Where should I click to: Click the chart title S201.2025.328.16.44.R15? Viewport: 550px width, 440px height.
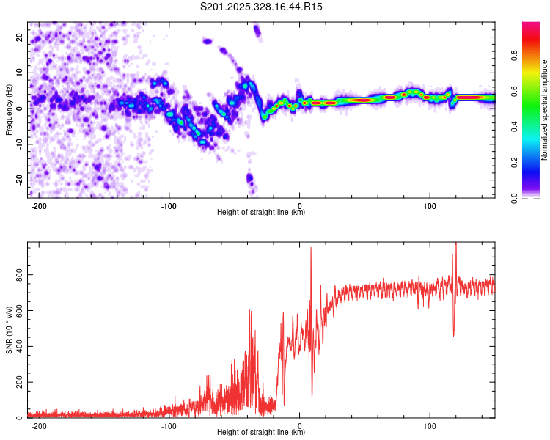(x=262, y=7)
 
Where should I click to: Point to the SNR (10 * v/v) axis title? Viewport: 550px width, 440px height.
(x=10, y=330)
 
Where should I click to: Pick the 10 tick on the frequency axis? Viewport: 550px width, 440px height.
(x=20, y=72)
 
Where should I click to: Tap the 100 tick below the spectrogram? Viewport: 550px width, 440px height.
(x=430, y=205)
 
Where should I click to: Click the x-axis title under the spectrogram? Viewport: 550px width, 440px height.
(x=261, y=213)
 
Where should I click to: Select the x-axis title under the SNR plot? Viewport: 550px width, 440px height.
(x=261, y=433)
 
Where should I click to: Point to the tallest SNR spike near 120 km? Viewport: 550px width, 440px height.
(x=456, y=244)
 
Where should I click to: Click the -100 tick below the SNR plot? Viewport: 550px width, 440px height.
(x=169, y=425)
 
